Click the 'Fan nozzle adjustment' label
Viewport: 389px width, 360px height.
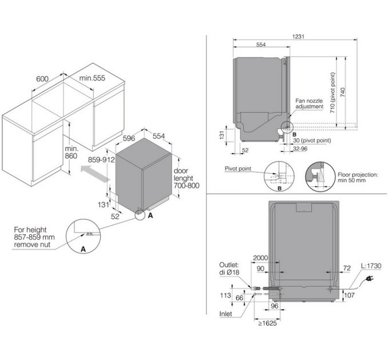click(309, 103)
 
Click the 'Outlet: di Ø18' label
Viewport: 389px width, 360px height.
click(232, 268)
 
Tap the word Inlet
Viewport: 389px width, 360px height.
click(229, 314)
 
